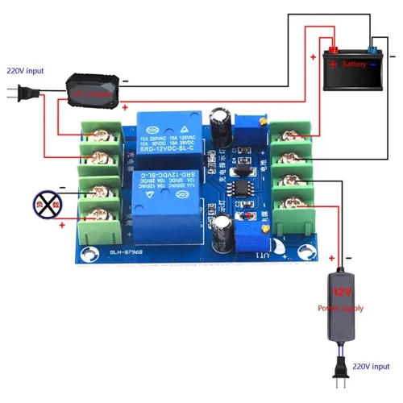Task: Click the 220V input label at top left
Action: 25,70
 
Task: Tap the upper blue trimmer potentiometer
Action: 257,122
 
